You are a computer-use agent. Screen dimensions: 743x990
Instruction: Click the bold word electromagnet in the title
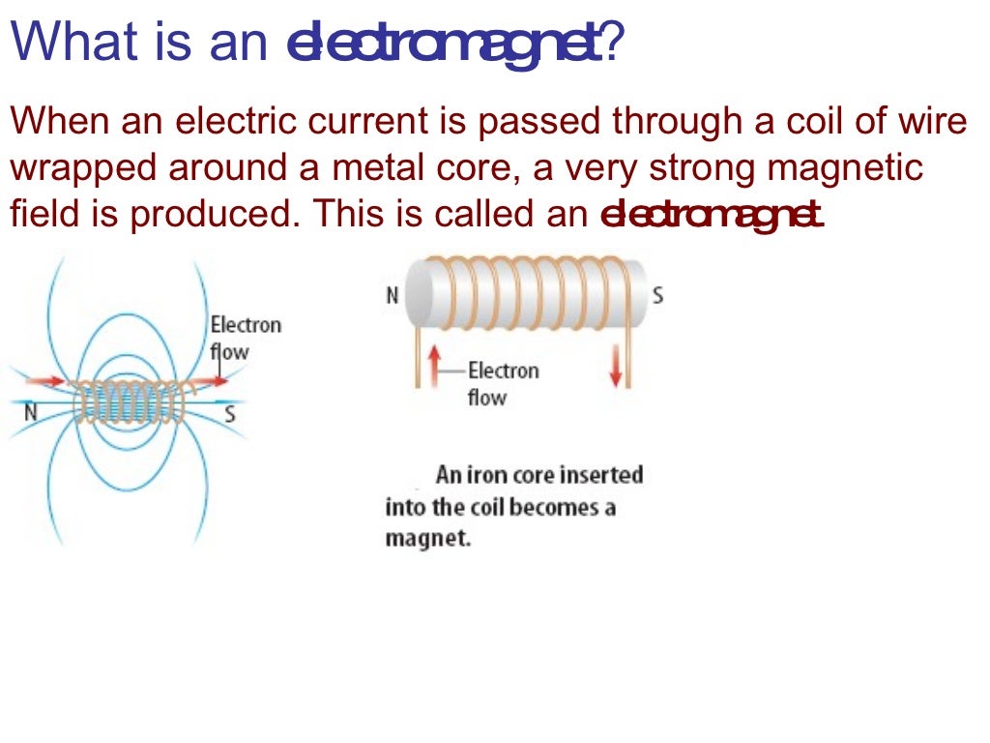click(x=444, y=45)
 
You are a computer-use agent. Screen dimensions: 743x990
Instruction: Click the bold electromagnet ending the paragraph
click(x=712, y=214)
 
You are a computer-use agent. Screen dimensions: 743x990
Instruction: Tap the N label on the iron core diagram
click(x=393, y=295)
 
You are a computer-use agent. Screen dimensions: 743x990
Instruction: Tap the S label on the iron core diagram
click(x=657, y=295)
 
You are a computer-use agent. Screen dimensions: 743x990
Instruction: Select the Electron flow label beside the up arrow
click(x=502, y=383)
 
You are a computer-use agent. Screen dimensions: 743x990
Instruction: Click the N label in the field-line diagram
click(x=31, y=413)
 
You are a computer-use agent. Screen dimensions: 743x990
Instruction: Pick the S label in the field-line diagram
click(x=229, y=414)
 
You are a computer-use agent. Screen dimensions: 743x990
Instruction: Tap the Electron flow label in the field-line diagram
click(x=245, y=337)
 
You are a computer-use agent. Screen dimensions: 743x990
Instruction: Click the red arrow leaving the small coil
click(x=214, y=381)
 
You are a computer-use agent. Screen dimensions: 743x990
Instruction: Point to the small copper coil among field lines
click(x=131, y=401)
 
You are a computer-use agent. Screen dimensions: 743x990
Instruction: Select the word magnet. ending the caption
click(x=427, y=538)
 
